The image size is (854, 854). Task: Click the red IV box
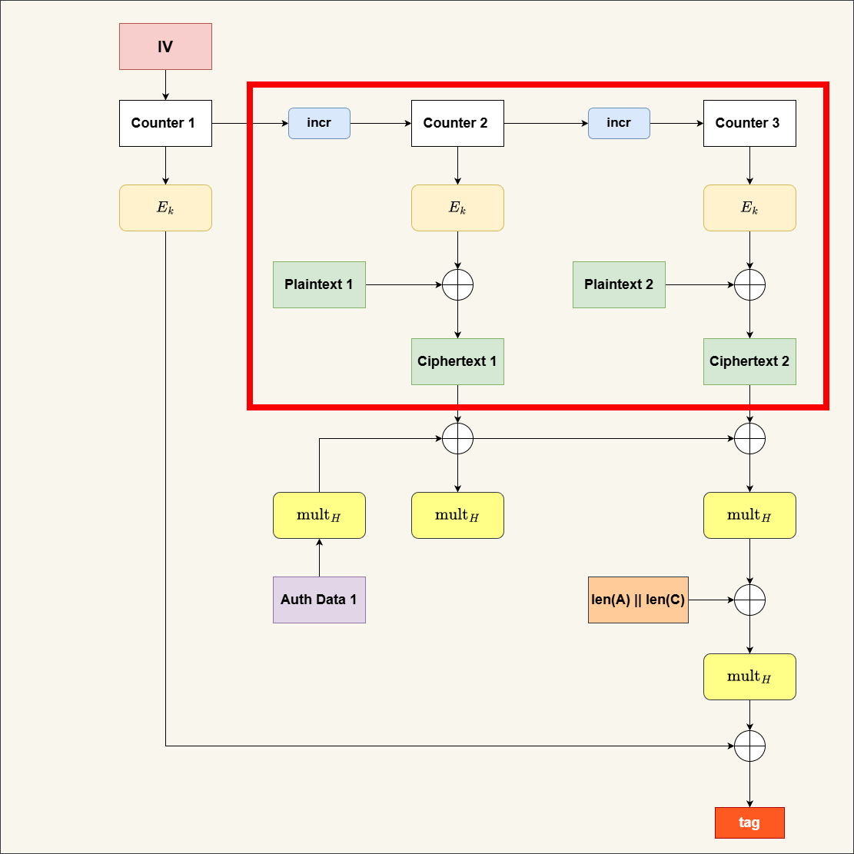[x=165, y=47]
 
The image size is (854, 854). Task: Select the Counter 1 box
[x=165, y=123]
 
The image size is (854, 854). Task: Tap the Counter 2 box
[x=457, y=123]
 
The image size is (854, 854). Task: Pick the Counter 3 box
[x=749, y=123]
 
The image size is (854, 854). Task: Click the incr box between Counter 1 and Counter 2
[x=319, y=123]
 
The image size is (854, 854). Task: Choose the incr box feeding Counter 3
[x=619, y=123]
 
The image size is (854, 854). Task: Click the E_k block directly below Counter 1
[x=165, y=208]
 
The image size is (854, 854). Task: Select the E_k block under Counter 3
[x=749, y=208]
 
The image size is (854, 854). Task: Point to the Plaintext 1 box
[x=319, y=284]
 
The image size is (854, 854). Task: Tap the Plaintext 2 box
[x=619, y=284]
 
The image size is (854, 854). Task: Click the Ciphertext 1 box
[x=457, y=361]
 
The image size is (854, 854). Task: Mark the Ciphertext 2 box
[x=749, y=361]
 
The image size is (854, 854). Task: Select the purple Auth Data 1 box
[x=319, y=600]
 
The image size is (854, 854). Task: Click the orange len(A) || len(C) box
[x=638, y=600]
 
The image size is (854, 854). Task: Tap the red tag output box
[x=749, y=822]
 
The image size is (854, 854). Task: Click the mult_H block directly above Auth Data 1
[x=319, y=515]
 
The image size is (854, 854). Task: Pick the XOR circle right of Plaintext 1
[x=457, y=284]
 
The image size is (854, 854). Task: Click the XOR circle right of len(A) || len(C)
[x=749, y=600]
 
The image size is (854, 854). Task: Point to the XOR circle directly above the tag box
[x=749, y=746]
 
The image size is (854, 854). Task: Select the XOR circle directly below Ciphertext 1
[x=457, y=438]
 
